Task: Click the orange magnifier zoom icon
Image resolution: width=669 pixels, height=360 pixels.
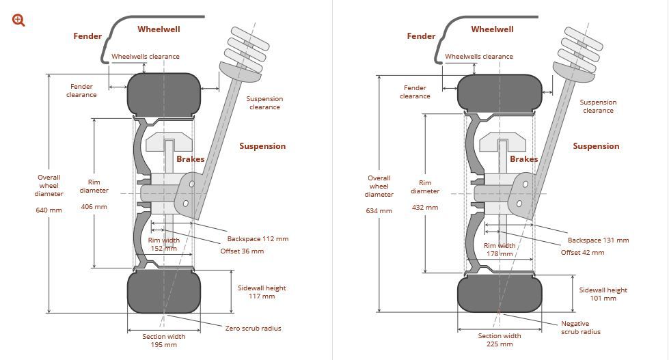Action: tap(18, 20)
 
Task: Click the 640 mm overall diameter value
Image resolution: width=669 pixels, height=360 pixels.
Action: tap(49, 210)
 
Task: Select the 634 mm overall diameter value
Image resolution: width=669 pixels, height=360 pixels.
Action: tap(379, 210)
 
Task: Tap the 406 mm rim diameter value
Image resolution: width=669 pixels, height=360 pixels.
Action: tap(94, 206)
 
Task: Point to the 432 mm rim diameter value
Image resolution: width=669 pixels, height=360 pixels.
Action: tap(424, 207)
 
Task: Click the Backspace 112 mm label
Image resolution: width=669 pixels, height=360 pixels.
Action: tap(258, 239)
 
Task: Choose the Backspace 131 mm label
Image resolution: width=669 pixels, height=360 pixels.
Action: tap(598, 240)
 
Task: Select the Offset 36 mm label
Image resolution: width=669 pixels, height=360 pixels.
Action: tap(241, 251)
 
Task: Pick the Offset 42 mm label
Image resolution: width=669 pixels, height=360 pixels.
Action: tap(582, 252)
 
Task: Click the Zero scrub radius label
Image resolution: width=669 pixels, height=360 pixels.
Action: tap(253, 328)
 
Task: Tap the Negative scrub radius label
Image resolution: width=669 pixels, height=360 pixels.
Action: tap(581, 327)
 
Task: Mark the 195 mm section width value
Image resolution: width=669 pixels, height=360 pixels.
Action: tap(163, 344)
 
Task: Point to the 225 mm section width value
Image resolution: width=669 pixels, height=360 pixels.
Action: tap(500, 344)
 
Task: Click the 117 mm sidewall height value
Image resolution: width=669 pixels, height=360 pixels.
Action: tap(262, 296)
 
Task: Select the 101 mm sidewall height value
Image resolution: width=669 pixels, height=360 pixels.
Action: tap(603, 298)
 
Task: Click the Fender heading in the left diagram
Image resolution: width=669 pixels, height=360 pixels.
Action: tap(87, 36)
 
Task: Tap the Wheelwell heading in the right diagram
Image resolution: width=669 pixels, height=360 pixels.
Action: tap(492, 29)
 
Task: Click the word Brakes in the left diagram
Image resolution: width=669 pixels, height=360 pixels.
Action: tap(190, 159)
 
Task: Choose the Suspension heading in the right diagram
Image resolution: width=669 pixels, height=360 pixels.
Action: tap(596, 146)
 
